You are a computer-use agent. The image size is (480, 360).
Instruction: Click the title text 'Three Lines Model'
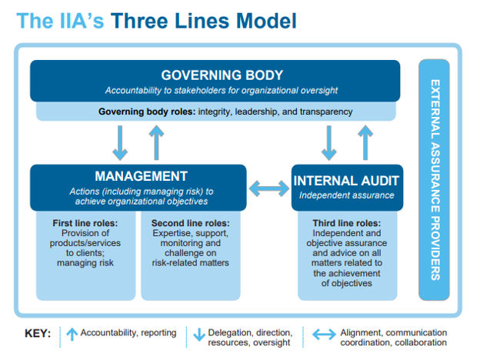pos(203,20)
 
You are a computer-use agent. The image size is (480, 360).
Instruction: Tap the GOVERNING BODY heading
pos(222,75)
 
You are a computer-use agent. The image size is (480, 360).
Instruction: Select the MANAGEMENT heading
pos(141,176)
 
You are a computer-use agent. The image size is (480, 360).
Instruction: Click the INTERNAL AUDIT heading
pos(347,181)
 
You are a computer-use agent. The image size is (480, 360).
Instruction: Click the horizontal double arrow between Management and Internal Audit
pos(269,187)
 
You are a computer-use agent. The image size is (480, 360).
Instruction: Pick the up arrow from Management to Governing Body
pos(156,142)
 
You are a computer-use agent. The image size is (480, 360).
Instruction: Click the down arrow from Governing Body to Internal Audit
pos(328,142)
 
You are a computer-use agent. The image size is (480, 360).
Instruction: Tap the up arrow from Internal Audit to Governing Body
pos(364,142)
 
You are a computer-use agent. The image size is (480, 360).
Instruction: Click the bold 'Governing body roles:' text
pos(147,112)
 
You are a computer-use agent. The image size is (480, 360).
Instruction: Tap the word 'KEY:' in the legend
pos(38,334)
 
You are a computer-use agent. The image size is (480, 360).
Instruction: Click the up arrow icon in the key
pos(71,334)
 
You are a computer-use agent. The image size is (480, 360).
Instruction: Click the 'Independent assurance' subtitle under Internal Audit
pos(347,195)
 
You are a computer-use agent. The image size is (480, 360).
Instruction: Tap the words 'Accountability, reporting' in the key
pos(128,334)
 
